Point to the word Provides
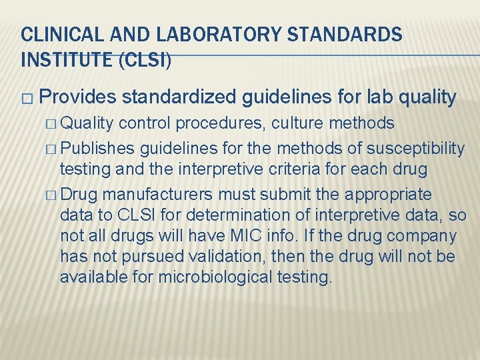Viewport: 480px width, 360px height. click(77, 97)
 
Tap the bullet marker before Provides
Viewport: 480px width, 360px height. click(26, 99)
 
